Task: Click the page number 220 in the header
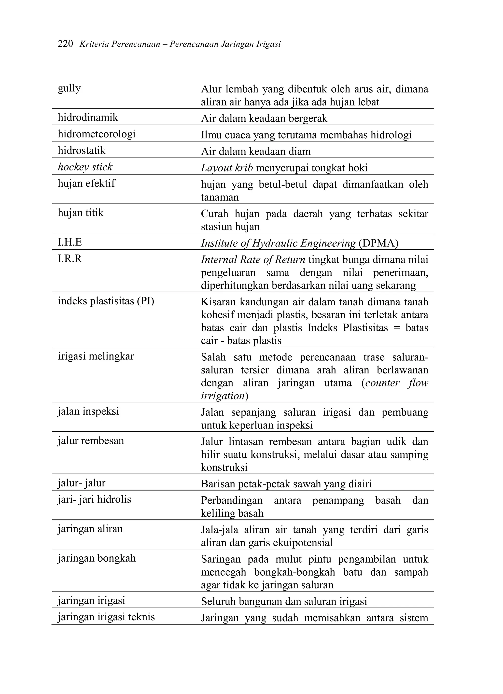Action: [65, 44]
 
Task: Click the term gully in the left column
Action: [69, 88]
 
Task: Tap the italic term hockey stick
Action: [85, 167]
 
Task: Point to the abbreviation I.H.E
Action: [70, 242]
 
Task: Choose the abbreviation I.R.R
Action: [70, 259]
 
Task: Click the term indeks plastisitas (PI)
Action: [106, 301]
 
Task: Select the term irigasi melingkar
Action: [96, 356]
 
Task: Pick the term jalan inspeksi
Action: [88, 411]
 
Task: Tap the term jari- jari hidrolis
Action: [94, 499]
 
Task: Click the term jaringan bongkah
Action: [97, 558]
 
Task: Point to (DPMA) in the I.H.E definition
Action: [378, 243]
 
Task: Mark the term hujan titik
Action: [81, 213]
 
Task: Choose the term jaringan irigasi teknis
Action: [106, 617]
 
